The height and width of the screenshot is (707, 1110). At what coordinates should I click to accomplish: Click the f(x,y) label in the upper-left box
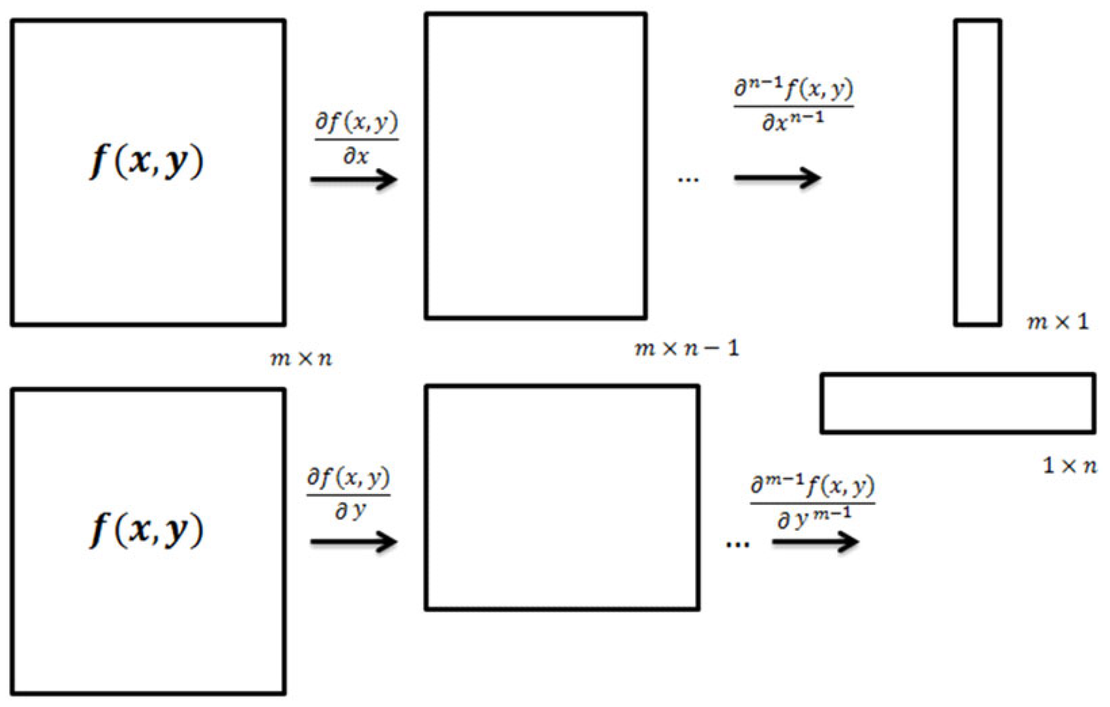(x=146, y=161)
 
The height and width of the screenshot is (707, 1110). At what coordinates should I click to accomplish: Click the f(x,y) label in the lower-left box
(x=146, y=530)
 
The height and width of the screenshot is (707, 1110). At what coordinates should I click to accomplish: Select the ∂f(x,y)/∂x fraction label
(x=356, y=139)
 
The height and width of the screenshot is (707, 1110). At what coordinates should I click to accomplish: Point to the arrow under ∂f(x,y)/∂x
(x=353, y=180)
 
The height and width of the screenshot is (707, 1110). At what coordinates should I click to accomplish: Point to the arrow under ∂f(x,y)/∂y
(x=353, y=541)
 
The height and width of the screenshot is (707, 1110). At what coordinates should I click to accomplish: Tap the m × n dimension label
(x=301, y=358)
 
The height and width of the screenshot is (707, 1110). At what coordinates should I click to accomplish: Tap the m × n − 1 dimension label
(x=687, y=349)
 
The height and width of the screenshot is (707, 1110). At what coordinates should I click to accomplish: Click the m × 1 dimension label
(x=1058, y=322)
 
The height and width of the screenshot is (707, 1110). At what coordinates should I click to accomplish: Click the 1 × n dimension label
(x=1070, y=466)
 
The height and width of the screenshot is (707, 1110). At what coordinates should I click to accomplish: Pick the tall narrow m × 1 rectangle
(x=977, y=172)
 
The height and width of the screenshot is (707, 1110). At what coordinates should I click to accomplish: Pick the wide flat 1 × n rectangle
(x=957, y=404)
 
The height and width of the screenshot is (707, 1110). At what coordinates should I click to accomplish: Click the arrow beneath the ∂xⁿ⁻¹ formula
(x=777, y=178)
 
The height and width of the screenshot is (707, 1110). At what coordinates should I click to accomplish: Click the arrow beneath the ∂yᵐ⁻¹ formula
(x=815, y=541)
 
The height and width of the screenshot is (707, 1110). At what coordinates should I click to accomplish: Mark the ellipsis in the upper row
(x=688, y=179)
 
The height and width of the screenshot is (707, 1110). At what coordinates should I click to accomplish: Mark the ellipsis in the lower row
(x=737, y=544)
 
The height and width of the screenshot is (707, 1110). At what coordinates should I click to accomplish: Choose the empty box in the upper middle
(x=536, y=165)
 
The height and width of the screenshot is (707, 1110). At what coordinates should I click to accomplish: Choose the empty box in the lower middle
(x=562, y=497)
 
